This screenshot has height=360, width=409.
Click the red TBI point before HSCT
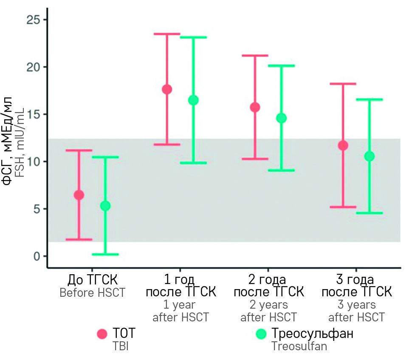pyautogui.click(x=79, y=195)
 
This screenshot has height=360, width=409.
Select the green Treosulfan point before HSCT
pyautogui.click(x=105, y=206)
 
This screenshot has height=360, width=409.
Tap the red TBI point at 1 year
pyautogui.click(x=167, y=89)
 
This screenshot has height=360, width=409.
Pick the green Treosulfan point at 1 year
pyautogui.click(x=193, y=100)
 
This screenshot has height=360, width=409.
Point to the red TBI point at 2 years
pyautogui.click(x=255, y=107)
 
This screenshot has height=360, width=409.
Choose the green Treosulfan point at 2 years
pyautogui.click(x=281, y=118)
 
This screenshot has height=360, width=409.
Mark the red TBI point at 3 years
pyautogui.click(x=343, y=146)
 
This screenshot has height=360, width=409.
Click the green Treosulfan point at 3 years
pyautogui.click(x=370, y=156)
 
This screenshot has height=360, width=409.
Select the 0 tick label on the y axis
pyautogui.click(x=37, y=256)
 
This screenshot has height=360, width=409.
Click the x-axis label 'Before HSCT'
pyautogui.click(x=92, y=293)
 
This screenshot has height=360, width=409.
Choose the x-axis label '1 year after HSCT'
pyautogui.click(x=180, y=311)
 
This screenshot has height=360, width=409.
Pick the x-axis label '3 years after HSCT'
pyautogui.click(x=356, y=311)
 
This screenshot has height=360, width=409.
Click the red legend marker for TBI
pyautogui.click(x=102, y=334)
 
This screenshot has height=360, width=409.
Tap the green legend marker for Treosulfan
pyautogui.click(x=261, y=334)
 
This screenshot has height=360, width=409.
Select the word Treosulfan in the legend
pyautogui.click(x=299, y=346)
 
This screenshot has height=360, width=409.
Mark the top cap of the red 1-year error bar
pyautogui.click(x=167, y=34)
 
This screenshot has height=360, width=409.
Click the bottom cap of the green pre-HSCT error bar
pyautogui.click(x=105, y=254)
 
